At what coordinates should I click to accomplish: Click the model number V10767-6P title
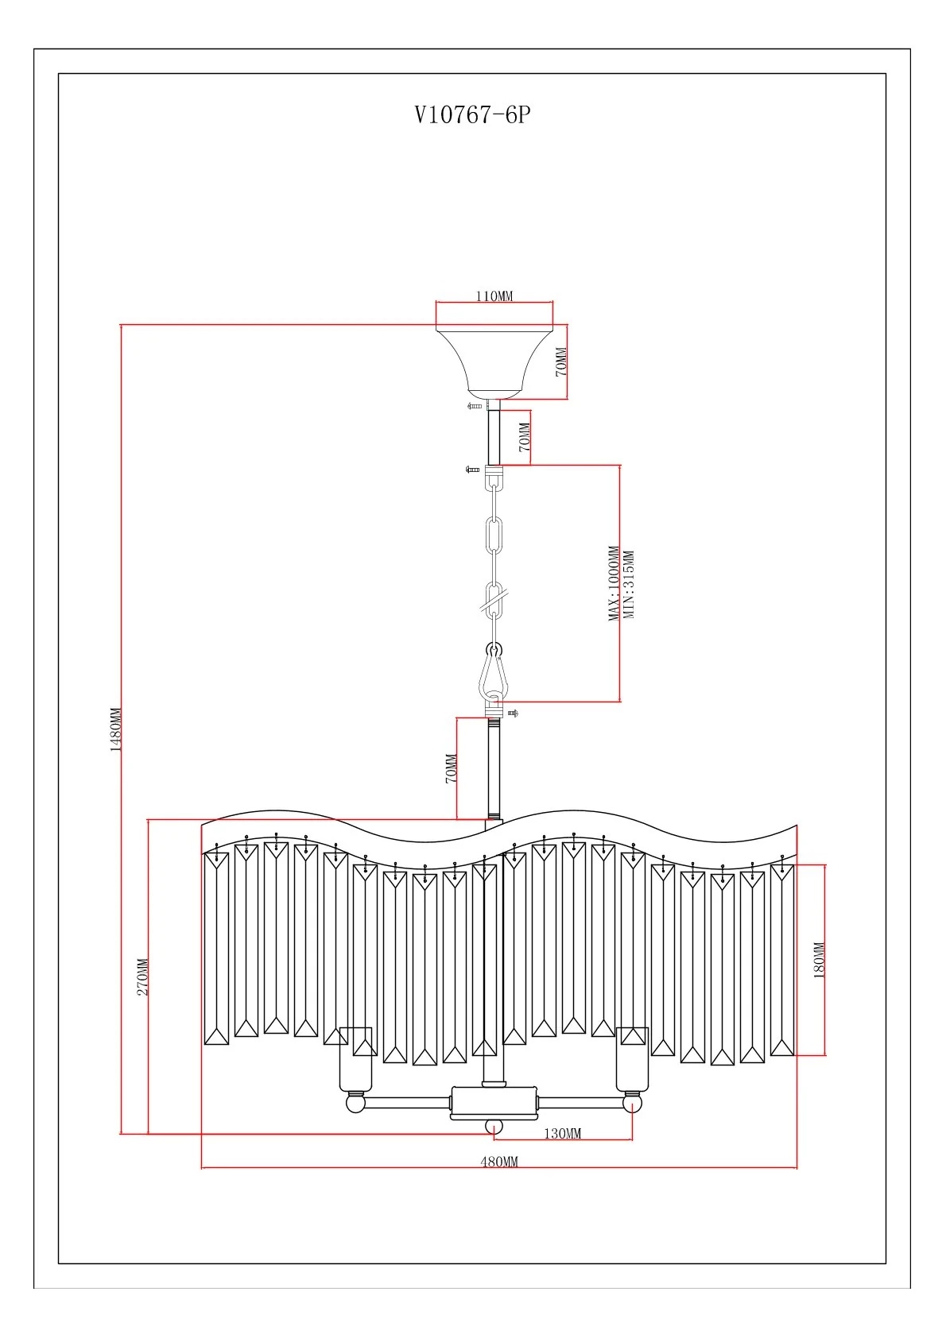pyautogui.click(x=472, y=116)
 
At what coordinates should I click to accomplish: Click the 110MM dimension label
pyautogui.click(x=494, y=296)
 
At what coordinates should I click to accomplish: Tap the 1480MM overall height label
pyautogui.click(x=115, y=729)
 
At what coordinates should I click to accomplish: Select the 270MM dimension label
pyautogui.click(x=143, y=976)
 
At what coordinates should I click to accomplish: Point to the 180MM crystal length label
pyautogui.click(x=820, y=959)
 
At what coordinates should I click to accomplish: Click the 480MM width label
pyautogui.click(x=498, y=1162)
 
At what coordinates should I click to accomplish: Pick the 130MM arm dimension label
pyautogui.click(x=562, y=1133)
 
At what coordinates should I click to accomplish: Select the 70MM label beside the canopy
pyautogui.click(x=561, y=362)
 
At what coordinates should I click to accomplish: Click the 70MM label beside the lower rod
pyautogui.click(x=451, y=768)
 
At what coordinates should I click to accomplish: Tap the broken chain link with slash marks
pyautogui.click(x=494, y=601)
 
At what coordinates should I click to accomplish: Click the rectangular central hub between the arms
pyautogui.click(x=494, y=1103)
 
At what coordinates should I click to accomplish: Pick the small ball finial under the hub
pyautogui.click(x=494, y=1127)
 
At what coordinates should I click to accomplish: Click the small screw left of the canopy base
pyautogui.click(x=475, y=406)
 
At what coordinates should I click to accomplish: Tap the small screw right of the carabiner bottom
pyautogui.click(x=512, y=713)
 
